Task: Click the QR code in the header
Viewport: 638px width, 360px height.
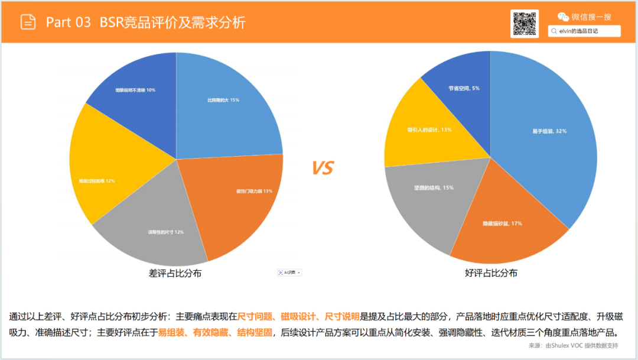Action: [x=524, y=24]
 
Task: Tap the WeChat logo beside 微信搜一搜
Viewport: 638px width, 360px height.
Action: [x=564, y=17]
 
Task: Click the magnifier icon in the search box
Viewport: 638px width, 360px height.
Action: [x=554, y=31]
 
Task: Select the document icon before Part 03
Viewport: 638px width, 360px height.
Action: [x=28, y=22]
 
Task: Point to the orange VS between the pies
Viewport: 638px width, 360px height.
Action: [x=323, y=168]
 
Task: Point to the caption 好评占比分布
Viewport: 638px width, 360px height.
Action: [x=491, y=274]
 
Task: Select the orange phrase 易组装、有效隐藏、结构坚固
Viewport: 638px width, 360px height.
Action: [x=215, y=332]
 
